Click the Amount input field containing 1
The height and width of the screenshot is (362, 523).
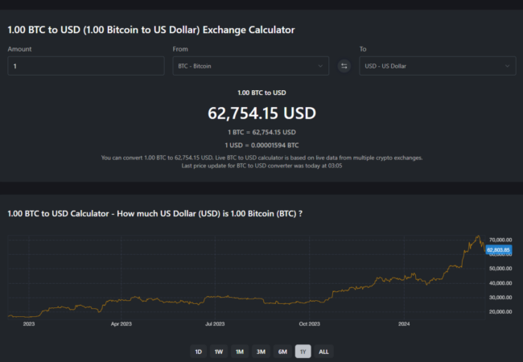[85, 66]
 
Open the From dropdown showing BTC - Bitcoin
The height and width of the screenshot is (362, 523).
[250, 66]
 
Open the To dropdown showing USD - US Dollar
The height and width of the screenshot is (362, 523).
[437, 66]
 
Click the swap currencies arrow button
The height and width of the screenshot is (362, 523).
[344, 66]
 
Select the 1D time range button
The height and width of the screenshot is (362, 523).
[198, 352]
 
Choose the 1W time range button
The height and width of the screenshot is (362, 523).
[218, 352]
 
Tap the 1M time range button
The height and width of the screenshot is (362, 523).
[240, 352]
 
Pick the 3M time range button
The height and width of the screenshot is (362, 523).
[261, 352]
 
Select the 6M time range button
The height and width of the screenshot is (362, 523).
[282, 352]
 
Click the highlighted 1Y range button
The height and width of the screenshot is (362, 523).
[303, 352]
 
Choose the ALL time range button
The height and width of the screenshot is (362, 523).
[323, 352]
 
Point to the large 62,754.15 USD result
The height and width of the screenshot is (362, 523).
[261, 113]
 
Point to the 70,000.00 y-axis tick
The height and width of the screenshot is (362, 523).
[500, 239]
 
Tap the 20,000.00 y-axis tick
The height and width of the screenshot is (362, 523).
[500, 311]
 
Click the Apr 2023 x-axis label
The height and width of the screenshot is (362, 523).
[121, 324]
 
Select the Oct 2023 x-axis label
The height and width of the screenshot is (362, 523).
[309, 324]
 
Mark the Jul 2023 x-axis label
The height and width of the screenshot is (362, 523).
[215, 324]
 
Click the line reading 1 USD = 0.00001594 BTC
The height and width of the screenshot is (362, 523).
[261, 145]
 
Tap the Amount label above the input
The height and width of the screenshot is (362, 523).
[20, 49]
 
